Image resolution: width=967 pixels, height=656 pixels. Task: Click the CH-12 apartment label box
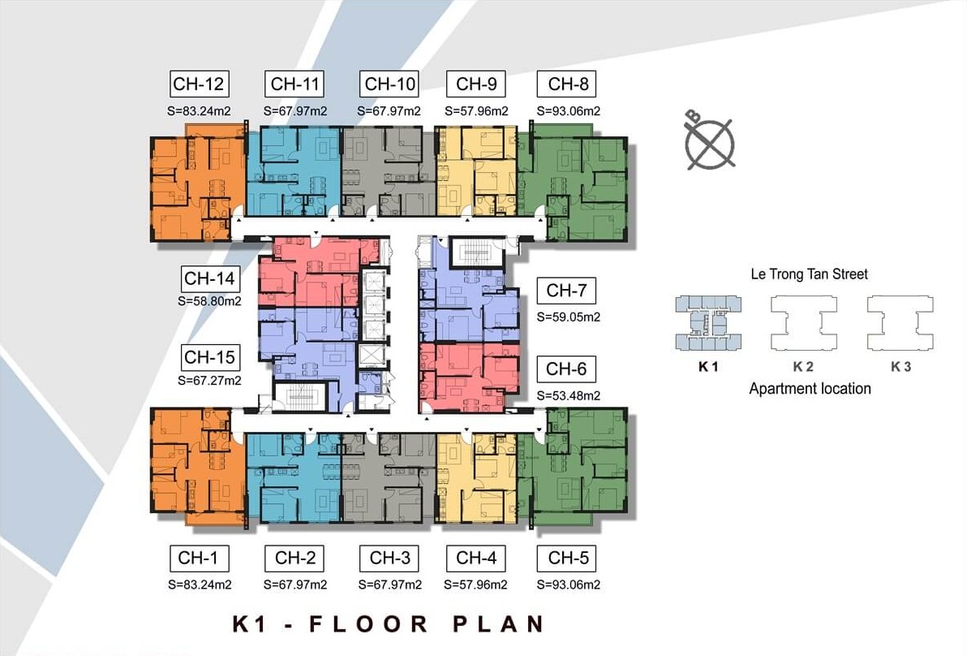coord(199,84)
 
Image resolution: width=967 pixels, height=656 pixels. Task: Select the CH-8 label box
coord(567,84)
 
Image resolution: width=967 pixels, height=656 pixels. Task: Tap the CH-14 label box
coord(209,278)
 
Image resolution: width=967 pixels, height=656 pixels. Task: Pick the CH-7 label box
coord(567,290)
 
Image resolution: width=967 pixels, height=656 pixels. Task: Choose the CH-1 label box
coord(199,558)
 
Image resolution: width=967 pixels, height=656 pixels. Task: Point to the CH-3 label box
coord(389,558)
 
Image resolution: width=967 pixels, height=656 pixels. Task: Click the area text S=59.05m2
coord(569,317)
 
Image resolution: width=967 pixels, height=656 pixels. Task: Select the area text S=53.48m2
coord(569,395)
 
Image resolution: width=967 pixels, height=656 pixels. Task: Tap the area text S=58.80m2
coord(209,301)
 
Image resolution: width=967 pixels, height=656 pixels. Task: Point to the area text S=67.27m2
coord(209,380)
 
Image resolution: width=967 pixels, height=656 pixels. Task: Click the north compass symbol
coord(709,143)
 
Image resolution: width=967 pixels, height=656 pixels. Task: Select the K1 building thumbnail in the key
coord(708,323)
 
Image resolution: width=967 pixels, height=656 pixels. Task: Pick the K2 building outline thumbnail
coord(804,323)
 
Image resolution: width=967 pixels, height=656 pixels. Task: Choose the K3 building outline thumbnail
coord(900,323)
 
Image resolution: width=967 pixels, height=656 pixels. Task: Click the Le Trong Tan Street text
coord(809,274)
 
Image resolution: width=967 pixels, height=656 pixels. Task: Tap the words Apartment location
coord(810,389)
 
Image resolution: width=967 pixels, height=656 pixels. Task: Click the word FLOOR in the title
coord(368,624)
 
